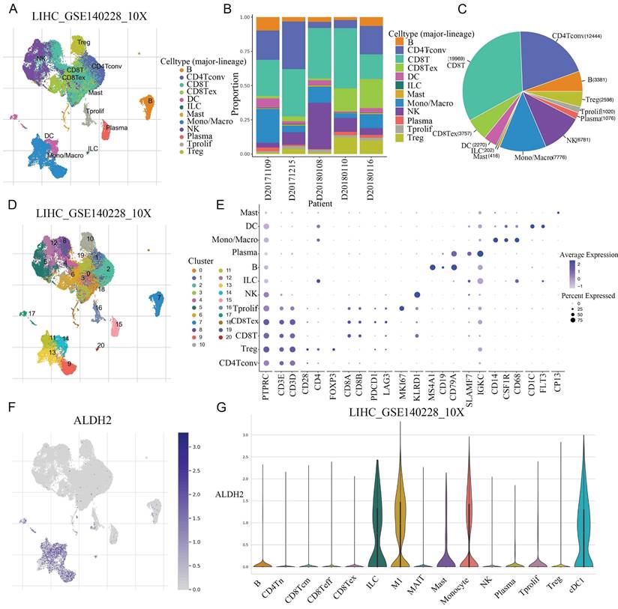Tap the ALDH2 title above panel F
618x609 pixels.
[75, 419]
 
